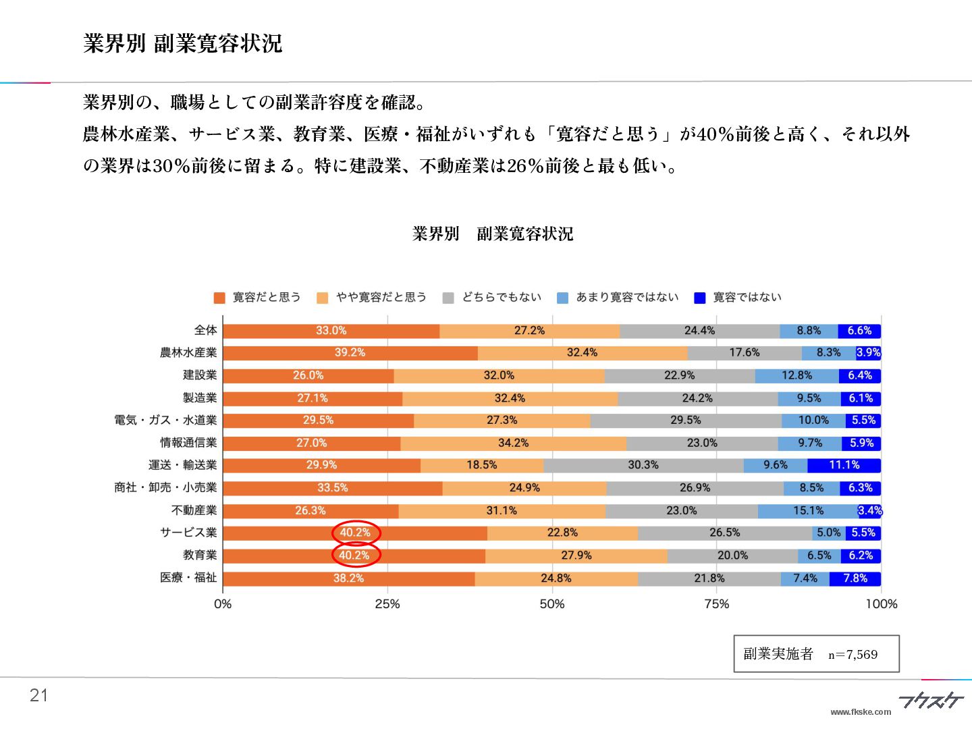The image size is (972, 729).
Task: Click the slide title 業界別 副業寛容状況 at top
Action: (182, 44)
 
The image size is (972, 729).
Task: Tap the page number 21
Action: (39, 696)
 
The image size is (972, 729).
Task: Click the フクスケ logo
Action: (930, 701)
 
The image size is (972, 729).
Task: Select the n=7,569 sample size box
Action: (816, 653)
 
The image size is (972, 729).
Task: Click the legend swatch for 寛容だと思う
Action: (219, 298)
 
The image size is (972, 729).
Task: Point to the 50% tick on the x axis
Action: (551, 603)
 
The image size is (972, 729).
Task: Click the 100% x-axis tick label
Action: (881, 603)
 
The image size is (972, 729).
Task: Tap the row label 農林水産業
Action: (188, 352)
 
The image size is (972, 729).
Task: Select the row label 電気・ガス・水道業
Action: (165, 420)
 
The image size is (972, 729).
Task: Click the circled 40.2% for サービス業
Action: (356, 533)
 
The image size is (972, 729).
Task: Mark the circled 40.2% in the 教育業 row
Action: (354, 556)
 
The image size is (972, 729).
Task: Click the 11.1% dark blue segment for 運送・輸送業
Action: (844, 465)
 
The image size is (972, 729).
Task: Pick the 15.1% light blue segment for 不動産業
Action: (807, 510)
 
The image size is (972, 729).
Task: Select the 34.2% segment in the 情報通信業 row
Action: (513, 443)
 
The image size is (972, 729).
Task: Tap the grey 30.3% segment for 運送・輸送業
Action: (643, 465)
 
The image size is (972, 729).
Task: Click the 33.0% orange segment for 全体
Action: (331, 331)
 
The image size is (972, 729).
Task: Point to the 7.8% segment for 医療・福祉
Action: (855, 578)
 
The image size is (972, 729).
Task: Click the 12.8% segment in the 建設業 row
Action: (796, 375)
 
